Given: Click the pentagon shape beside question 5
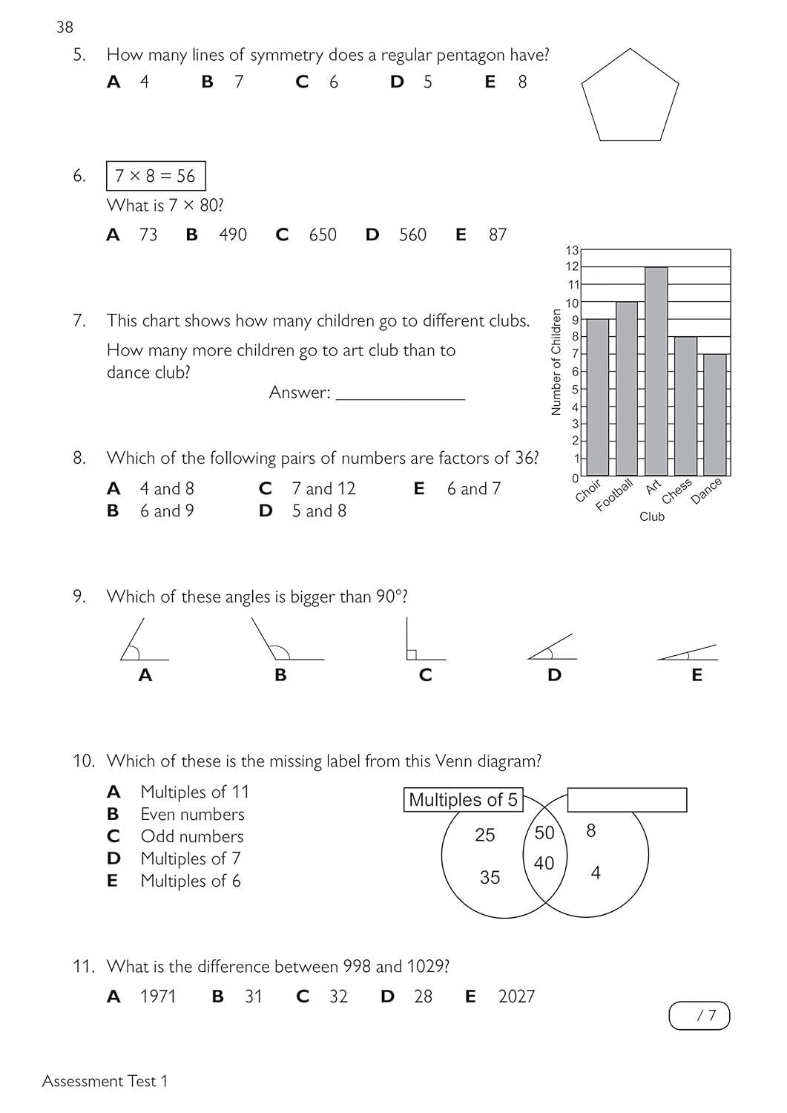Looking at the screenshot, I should coord(630,96).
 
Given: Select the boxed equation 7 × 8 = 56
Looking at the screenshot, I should coord(156,177).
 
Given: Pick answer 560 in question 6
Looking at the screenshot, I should coord(412,235).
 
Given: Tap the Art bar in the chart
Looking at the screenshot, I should coord(656,371).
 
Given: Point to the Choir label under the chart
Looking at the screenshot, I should coord(588,490).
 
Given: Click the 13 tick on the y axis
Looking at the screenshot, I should coord(572,250).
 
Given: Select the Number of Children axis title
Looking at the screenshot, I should coord(556,362).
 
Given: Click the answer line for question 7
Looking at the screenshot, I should coord(400,394).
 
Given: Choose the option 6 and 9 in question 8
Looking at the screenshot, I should coord(167,511).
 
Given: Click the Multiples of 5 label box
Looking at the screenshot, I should coord(463,800).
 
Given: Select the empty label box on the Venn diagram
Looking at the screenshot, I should coord(627,800).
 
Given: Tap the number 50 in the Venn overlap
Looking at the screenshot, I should coord(544,833).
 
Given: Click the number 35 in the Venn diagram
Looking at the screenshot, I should coord(490,878).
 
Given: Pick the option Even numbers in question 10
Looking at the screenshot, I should coord(192,815).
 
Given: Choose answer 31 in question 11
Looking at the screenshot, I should coord(254,997).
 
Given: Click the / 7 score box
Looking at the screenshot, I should coord(699,1016).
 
